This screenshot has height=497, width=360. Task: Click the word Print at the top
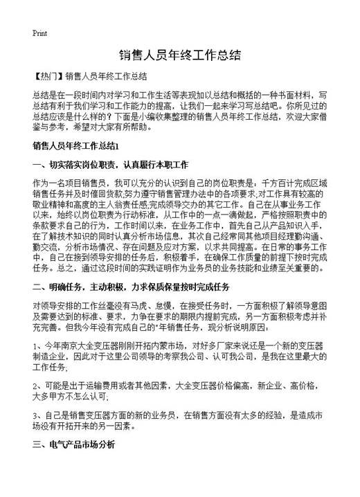click(x=39, y=33)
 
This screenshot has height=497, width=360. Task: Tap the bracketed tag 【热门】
click(x=47, y=77)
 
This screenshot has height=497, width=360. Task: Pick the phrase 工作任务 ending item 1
click(x=50, y=367)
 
